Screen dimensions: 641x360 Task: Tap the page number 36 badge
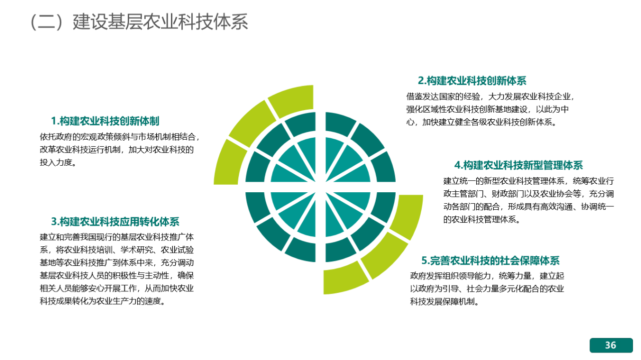coord(611,345)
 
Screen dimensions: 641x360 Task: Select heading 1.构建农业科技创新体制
coord(105,121)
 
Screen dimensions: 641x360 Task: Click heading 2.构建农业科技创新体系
coord(472,81)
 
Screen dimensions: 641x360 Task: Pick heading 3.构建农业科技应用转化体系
coord(115,222)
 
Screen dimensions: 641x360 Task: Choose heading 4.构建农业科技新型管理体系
coord(518,165)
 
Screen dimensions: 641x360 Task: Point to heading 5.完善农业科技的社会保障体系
coord(490,261)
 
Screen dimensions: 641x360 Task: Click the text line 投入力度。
coord(58,162)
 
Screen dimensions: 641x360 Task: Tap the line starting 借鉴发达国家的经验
coord(490,97)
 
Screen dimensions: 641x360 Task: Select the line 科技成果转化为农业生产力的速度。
coord(103,301)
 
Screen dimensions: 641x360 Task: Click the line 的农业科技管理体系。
coord(482,219)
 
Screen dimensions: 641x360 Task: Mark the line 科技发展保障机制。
coord(445,301)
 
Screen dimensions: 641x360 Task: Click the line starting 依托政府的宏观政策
coord(120,137)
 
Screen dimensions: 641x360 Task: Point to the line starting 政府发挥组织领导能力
coord(487,276)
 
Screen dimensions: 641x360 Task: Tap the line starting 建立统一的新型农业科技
coord(528,181)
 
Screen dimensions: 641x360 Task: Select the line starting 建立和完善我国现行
coord(117,237)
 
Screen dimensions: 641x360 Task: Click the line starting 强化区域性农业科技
coord(487,109)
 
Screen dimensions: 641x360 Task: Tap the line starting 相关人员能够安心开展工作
coord(117,288)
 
